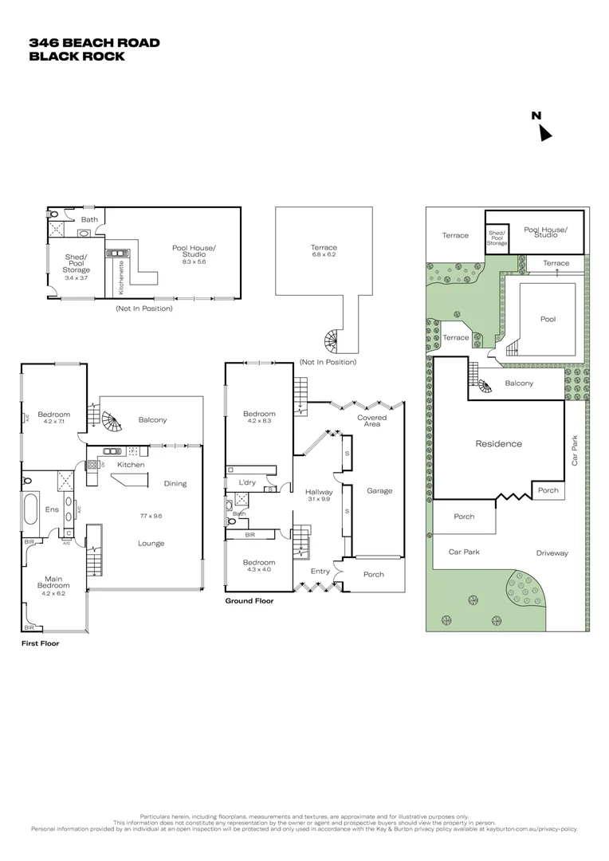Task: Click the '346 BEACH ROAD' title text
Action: pos(94,43)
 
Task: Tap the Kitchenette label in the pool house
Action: pos(121,274)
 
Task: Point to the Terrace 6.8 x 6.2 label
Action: pos(324,251)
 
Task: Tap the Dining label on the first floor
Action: pos(175,483)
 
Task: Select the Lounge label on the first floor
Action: pos(151,544)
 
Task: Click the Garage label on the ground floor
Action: pos(379,491)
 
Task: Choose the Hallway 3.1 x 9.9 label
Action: pos(319,496)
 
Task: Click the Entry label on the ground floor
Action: pos(320,571)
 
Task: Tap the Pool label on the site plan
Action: pos(548,319)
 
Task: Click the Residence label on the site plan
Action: pos(498,444)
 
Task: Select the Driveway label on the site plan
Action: pos(552,552)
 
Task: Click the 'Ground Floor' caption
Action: pos(249,601)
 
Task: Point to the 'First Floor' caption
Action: pos(40,643)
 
